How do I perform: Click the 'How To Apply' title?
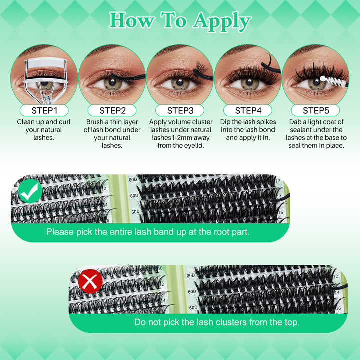180,20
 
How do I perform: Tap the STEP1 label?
44,110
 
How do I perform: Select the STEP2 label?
112,110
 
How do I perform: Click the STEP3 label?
180,110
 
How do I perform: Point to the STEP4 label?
248,110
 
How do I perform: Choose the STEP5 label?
316,110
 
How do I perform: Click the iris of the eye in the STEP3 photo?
180,84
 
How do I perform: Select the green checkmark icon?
30,191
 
